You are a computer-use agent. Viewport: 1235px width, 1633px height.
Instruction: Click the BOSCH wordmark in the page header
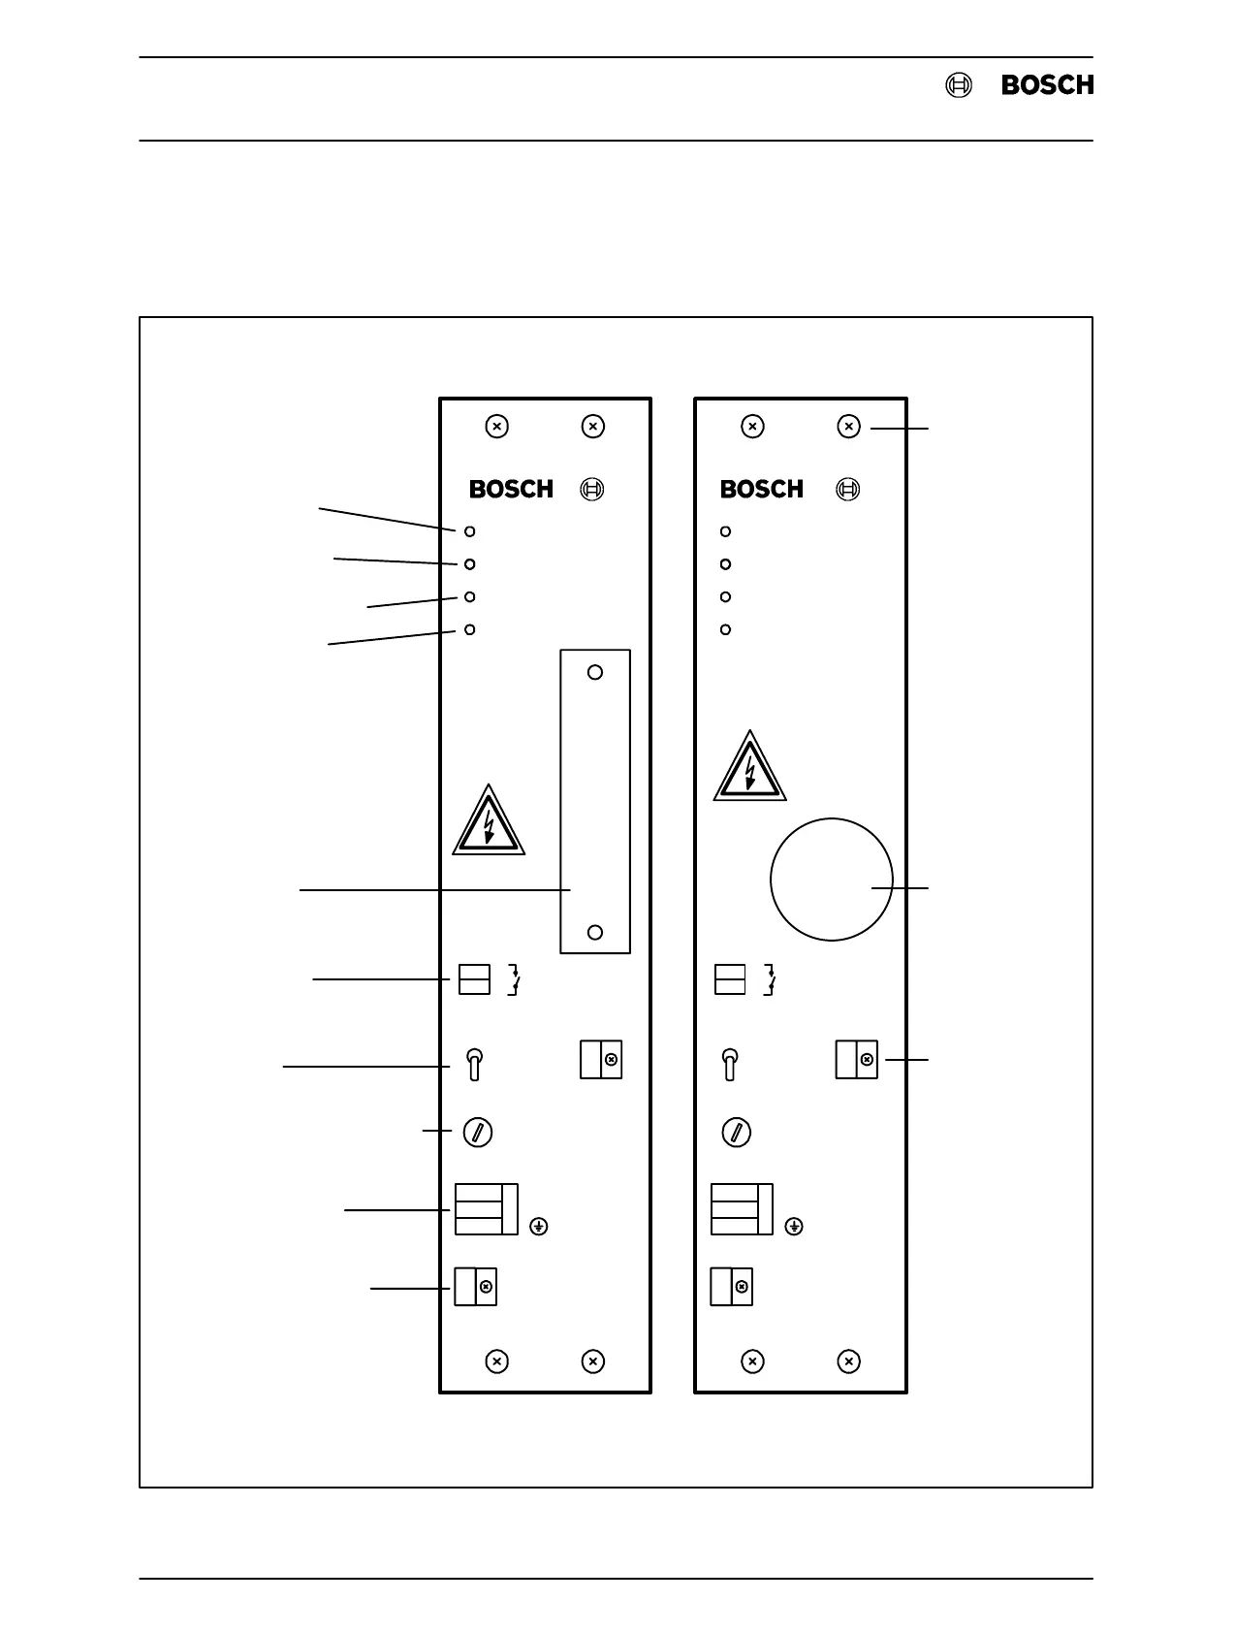point(1047,85)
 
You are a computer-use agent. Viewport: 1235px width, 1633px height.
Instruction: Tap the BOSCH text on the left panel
point(511,490)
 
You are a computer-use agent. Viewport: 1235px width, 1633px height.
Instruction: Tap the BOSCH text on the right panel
point(761,490)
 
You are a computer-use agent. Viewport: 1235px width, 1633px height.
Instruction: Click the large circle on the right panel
point(831,880)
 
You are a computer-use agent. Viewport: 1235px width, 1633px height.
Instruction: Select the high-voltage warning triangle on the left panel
point(489,823)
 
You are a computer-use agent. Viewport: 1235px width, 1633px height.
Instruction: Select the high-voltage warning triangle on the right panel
point(749,769)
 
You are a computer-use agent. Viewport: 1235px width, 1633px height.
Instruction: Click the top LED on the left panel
point(470,531)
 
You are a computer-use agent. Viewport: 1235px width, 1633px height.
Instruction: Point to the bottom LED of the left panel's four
point(470,629)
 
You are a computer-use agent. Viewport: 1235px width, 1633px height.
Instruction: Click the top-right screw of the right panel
point(848,427)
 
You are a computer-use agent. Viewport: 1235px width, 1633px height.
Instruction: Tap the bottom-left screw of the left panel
point(496,1361)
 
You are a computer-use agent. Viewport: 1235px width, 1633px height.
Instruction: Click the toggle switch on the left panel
point(474,1064)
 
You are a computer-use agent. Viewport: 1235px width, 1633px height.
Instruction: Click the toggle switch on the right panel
point(731,1064)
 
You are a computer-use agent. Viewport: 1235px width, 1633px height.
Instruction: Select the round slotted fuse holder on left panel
point(478,1132)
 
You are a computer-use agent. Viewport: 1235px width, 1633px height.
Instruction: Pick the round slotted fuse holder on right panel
point(737,1132)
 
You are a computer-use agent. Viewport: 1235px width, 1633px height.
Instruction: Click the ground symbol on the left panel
point(539,1227)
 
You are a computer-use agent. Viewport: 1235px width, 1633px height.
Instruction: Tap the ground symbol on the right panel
point(794,1227)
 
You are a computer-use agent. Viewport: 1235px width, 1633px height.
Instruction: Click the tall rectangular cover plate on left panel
point(595,801)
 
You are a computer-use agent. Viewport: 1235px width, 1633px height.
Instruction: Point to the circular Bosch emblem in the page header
point(958,85)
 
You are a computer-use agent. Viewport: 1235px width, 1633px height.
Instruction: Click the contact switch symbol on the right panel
point(771,980)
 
